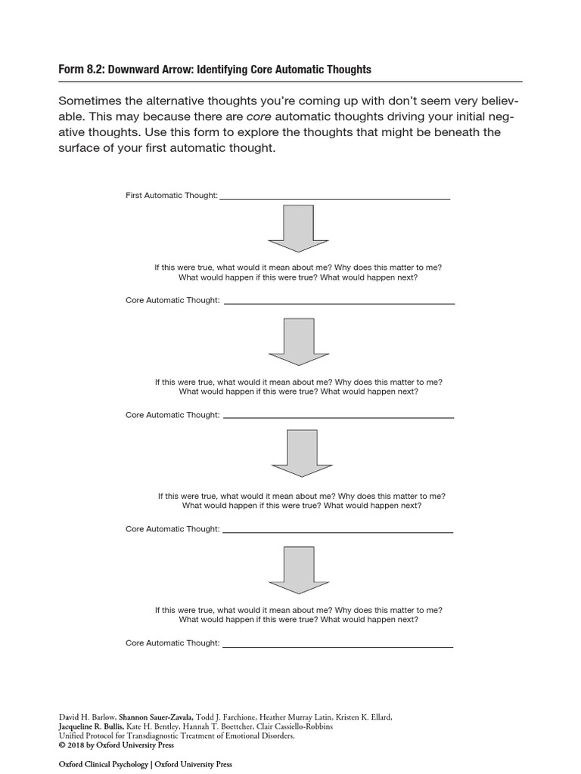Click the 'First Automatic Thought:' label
pyautogui.click(x=172, y=196)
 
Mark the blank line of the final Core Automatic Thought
pyautogui.click(x=338, y=646)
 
